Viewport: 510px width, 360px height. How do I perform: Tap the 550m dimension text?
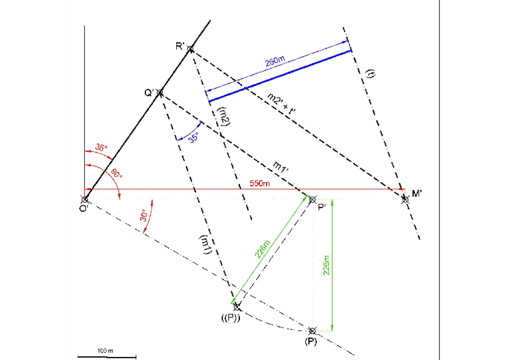(259, 183)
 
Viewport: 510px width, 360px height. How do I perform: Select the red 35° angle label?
(101, 147)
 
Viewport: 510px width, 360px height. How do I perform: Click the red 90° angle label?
(115, 174)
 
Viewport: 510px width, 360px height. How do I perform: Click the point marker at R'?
(190, 49)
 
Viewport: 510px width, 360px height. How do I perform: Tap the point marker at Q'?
(160, 93)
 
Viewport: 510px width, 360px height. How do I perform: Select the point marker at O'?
(85, 199)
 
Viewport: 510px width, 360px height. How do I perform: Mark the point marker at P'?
(312, 199)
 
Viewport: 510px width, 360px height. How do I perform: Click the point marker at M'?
(405, 199)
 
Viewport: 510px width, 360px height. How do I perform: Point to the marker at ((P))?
(237, 306)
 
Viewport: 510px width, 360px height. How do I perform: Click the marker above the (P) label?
(312, 331)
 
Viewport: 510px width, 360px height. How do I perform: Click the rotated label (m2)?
(224, 115)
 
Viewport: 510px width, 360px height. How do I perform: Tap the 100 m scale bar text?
(106, 350)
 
